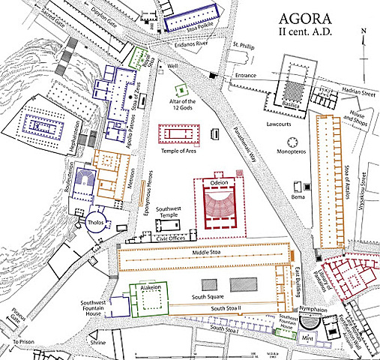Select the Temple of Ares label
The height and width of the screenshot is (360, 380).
pyautogui.click(x=179, y=151)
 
